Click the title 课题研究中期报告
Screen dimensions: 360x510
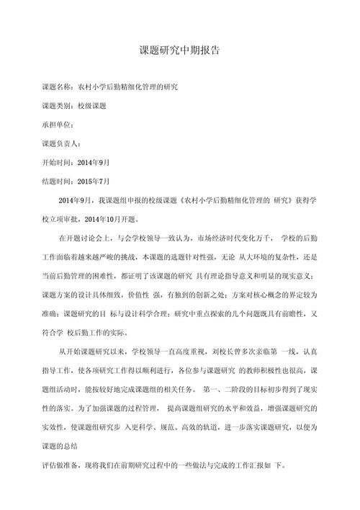180,52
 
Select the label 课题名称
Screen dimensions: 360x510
58,86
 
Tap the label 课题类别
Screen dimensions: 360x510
58,105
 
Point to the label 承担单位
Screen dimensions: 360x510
58,124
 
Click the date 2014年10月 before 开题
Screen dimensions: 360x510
109,218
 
